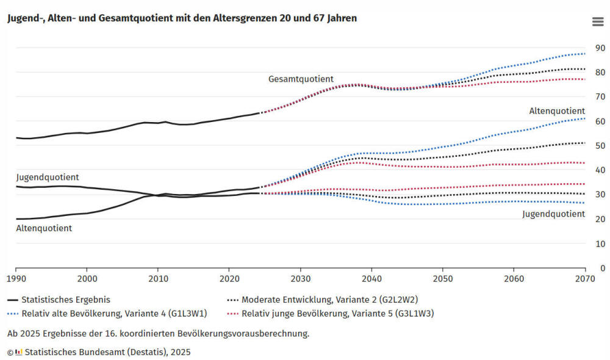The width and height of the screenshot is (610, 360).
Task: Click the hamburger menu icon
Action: pos(597,22)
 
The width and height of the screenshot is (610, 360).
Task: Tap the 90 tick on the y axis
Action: pos(600,48)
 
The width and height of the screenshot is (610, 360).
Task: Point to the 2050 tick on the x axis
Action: pos(443,278)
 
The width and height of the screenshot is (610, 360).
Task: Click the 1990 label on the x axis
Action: pos(16,278)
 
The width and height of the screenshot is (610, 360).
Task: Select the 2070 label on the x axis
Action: pos(584,278)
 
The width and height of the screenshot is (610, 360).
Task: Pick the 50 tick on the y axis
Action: pos(600,146)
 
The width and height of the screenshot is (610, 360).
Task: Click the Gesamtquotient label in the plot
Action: pos(301,79)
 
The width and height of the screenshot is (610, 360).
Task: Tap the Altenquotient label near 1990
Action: pos(44,228)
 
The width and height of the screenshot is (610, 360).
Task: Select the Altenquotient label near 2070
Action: pos(557,111)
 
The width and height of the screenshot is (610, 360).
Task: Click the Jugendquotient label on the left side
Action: pos(48,178)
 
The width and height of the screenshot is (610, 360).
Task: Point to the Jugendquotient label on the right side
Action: pos(553,214)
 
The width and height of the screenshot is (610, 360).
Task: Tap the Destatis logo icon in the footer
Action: pos(18,352)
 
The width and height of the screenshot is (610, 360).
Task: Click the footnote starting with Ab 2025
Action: pos(158,334)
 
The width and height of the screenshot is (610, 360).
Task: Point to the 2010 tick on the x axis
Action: pos(158,278)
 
